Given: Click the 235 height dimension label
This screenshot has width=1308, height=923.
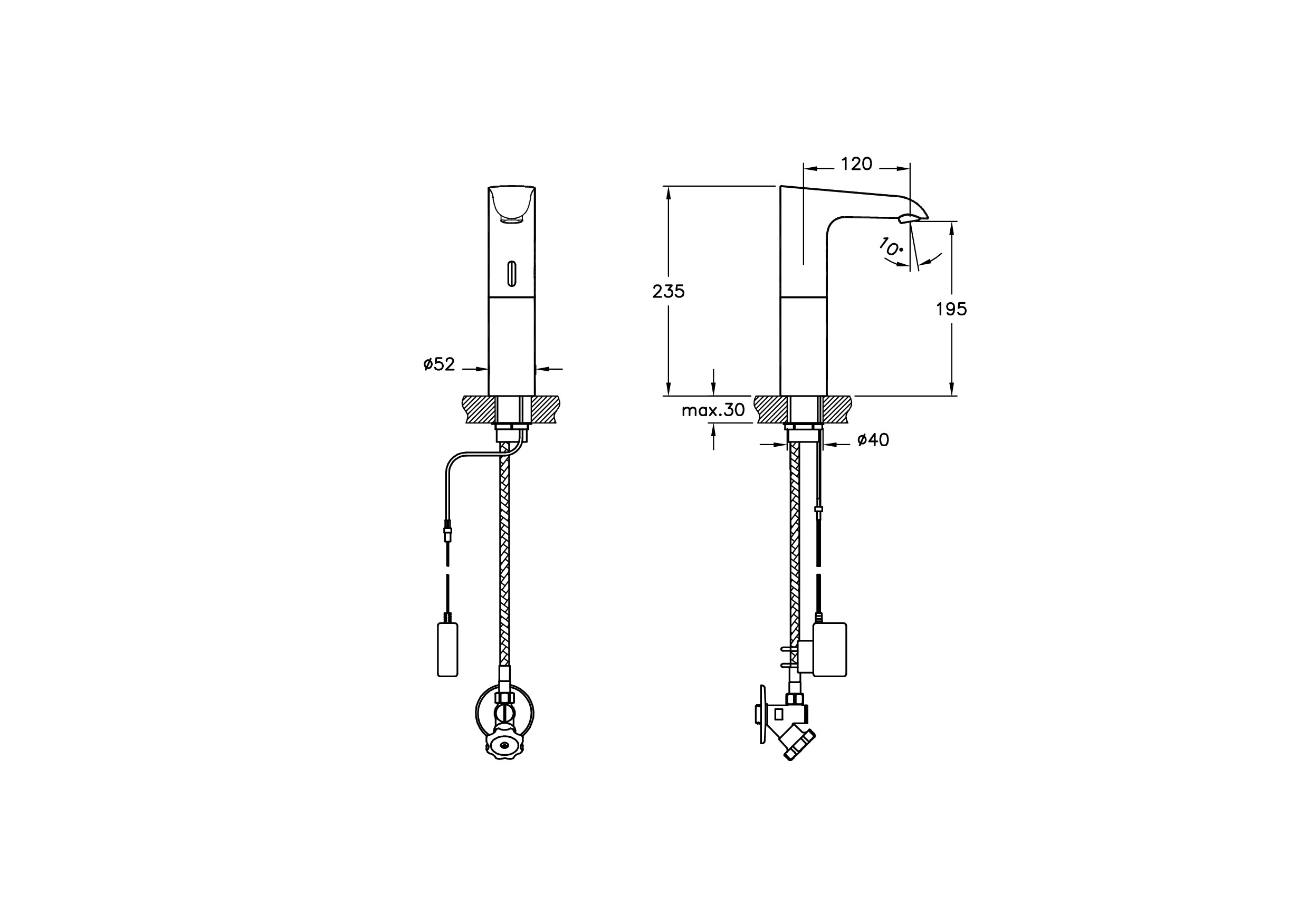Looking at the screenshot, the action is click(668, 292).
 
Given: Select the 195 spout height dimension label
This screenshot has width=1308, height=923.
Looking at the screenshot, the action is click(951, 309).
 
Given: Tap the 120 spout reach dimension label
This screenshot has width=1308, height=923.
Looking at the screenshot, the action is click(857, 164).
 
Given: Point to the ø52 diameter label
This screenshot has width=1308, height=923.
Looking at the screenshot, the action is click(439, 364).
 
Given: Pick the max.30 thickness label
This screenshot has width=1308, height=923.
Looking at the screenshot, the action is click(713, 410).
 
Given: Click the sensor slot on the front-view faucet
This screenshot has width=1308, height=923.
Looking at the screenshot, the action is click(512, 273).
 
